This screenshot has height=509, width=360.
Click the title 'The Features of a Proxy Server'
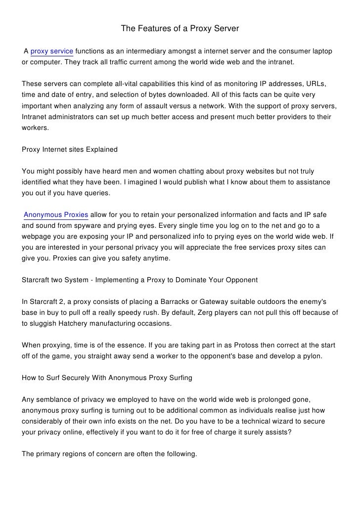(x=180, y=30)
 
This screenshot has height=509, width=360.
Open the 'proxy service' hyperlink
(x=52, y=52)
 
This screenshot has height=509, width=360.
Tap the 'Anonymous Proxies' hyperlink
(x=56, y=215)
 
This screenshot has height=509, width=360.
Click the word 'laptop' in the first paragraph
(x=321, y=52)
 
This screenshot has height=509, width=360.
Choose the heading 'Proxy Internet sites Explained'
(x=70, y=149)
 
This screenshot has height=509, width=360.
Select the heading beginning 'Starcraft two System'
(x=140, y=280)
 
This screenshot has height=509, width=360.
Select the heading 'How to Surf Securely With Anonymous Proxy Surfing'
(x=107, y=378)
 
